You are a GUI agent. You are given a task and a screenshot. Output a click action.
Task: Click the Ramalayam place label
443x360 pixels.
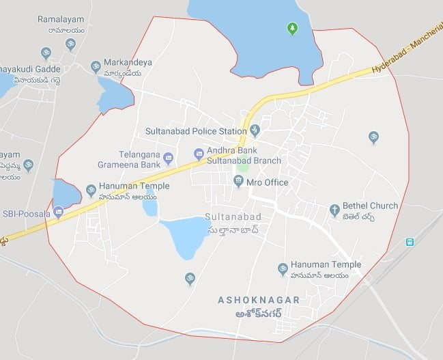[x=61, y=20]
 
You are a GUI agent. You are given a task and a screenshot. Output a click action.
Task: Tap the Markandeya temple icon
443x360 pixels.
[x=96, y=66]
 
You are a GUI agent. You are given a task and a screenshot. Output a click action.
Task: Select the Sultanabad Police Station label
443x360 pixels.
[x=195, y=130]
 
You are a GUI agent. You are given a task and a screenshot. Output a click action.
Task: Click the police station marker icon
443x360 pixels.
[x=255, y=130]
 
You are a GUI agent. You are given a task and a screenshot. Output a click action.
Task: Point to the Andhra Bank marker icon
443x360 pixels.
[x=199, y=154]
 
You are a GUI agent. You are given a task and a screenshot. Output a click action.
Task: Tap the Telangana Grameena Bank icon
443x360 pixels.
[x=169, y=159]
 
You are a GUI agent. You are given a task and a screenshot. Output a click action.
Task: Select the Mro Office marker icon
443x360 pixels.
[x=238, y=182]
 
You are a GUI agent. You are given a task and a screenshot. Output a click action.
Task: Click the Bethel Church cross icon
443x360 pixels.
[x=334, y=210]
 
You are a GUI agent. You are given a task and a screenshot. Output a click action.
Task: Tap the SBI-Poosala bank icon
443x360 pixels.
[x=58, y=212]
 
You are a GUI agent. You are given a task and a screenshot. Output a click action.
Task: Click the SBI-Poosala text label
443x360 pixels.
[x=25, y=213]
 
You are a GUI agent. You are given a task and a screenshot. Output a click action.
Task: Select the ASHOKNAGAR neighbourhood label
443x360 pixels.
[x=249, y=300]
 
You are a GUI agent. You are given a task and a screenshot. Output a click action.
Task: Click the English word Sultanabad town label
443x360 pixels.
[x=233, y=217]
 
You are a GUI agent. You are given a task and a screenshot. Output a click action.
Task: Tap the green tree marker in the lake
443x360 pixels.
[x=292, y=29]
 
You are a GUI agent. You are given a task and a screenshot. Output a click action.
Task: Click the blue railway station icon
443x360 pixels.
[x=410, y=242]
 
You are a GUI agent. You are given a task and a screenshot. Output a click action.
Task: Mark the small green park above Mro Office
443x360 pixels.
[x=242, y=165]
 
